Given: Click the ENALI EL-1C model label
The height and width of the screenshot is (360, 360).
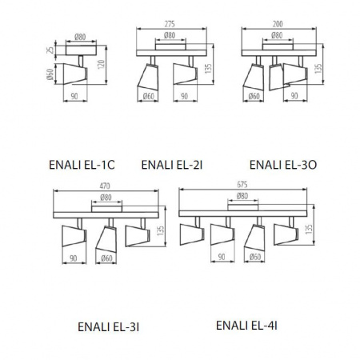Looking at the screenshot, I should point(82,165).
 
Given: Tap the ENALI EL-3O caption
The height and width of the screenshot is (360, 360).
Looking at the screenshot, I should point(284,165).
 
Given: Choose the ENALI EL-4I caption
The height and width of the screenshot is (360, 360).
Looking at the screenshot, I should point(246,326).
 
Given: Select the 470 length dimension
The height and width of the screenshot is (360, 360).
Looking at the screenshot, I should point(105,186).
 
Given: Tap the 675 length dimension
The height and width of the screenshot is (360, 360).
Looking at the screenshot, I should point(242,186).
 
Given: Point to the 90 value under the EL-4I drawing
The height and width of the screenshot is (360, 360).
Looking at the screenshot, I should point(217,258).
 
